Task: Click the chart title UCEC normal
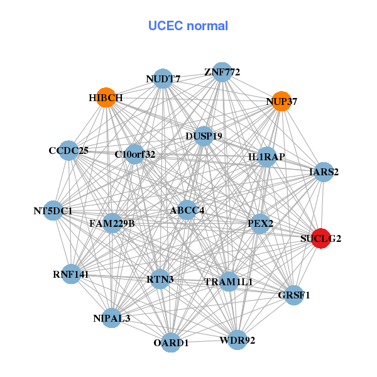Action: [x=188, y=26]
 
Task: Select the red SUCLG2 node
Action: [x=322, y=238]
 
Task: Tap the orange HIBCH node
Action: [x=106, y=97]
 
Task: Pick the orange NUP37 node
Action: [x=282, y=101]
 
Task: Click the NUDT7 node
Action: [x=163, y=79]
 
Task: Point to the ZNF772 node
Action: [x=222, y=72]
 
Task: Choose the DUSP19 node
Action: [x=204, y=135]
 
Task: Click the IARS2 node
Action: [x=323, y=172]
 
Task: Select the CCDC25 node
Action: [x=69, y=151]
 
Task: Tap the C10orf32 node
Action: [x=134, y=153]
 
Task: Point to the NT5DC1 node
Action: [x=53, y=210]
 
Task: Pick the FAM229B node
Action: [x=112, y=223]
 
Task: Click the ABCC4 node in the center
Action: [x=187, y=210]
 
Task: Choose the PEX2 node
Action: [x=260, y=224]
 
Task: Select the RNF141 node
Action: [x=71, y=274]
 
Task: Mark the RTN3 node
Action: [x=160, y=278]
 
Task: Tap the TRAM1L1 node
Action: [x=228, y=281]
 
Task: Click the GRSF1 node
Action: [x=294, y=294]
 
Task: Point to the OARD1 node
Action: [x=171, y=342]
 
